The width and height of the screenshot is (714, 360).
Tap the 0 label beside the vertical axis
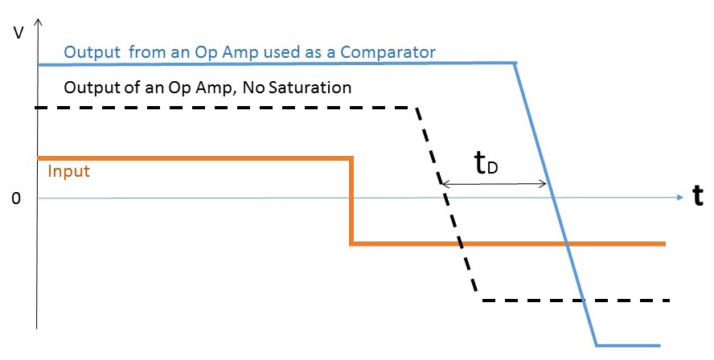(15, 198)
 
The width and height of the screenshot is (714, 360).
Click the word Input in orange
(68, 171)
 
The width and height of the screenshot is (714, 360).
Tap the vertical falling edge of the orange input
(351, 201)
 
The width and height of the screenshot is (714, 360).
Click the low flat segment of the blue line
(627, 346)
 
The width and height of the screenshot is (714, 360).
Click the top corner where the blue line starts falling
(515, 63)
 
